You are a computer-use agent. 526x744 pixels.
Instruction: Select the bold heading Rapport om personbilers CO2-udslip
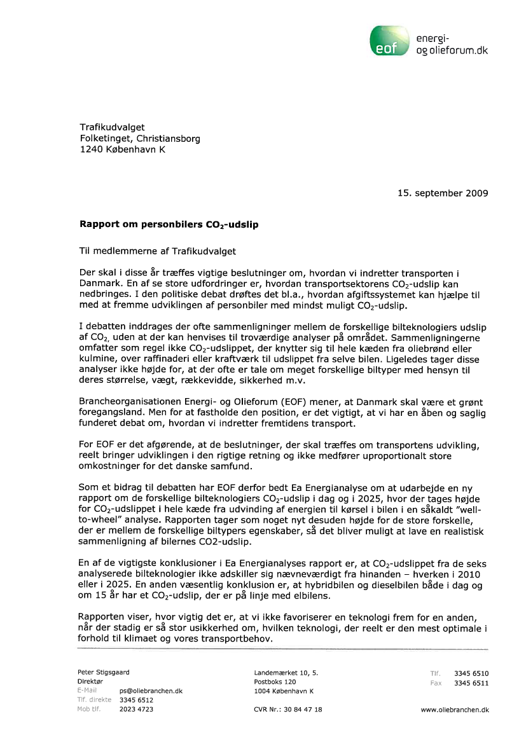tap(169, 224)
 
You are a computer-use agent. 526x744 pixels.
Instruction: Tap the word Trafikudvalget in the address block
tap(112, 128)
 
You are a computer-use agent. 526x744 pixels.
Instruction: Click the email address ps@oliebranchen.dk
tap(151, 691)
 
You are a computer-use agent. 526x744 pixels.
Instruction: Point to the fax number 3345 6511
tap(471, 683)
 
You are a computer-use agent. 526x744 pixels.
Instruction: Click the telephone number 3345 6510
tap(471, 673)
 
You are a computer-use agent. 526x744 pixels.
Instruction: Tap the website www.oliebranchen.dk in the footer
tap(455, 710)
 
